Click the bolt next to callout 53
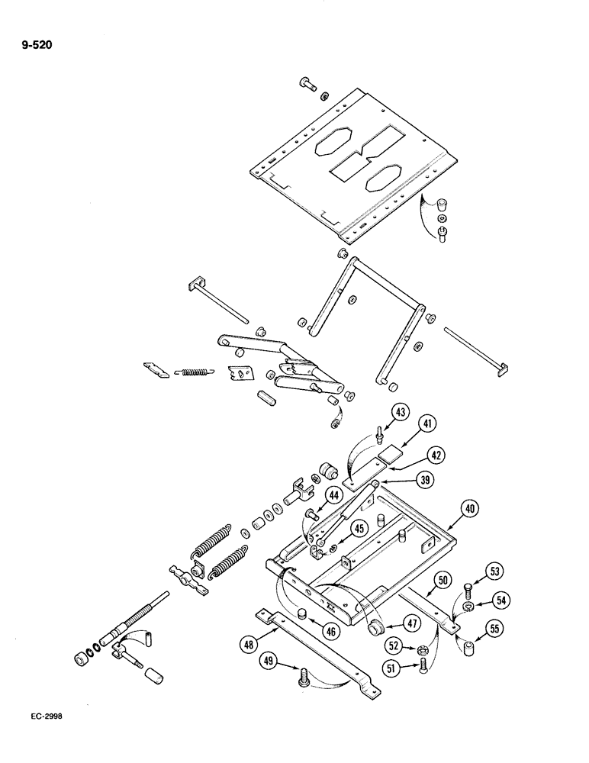tap(468, 591)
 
